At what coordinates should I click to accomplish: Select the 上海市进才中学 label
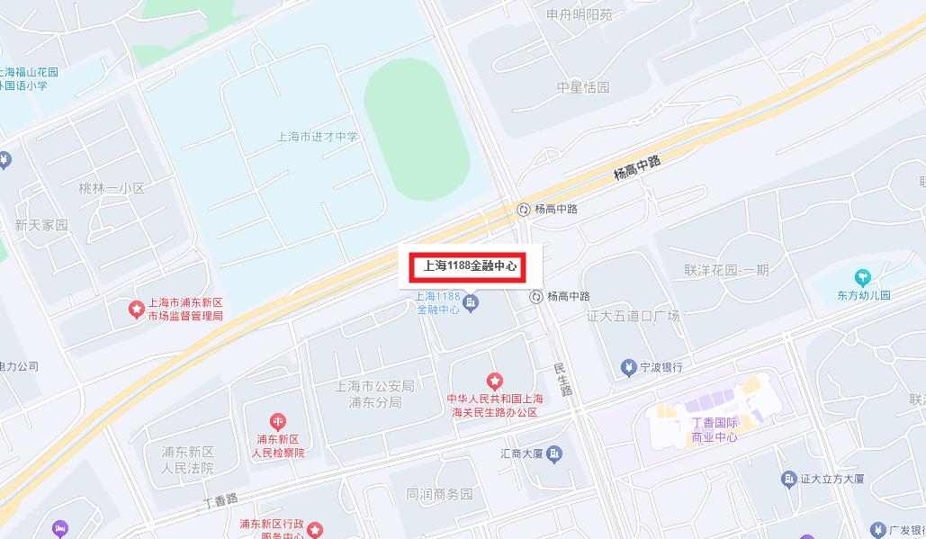318,137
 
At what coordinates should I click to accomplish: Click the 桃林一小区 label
112,188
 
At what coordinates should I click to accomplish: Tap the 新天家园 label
41,225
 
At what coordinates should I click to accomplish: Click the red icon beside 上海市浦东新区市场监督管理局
136,310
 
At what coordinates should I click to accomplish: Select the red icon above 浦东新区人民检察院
277,421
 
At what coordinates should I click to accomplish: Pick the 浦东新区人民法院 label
187,460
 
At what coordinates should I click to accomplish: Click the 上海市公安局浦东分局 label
374,394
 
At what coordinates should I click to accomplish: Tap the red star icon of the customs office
493,382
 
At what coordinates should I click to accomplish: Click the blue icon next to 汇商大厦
555,453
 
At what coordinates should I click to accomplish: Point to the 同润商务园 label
439,494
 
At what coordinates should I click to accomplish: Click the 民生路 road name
563,379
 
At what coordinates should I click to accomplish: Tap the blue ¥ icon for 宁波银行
628,367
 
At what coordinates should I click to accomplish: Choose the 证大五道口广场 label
633,316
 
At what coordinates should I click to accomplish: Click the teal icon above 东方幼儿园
863,276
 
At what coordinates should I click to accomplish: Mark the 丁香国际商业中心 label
715,430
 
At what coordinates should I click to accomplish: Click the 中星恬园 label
583,87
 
